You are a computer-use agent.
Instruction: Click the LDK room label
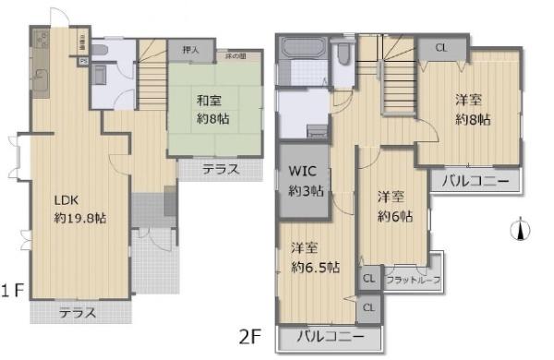(65, 199)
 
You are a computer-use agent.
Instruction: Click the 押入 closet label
(192, 51)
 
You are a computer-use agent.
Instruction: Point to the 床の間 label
(237, 58)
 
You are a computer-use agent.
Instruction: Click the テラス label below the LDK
(78, 313)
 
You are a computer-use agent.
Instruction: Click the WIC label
(304, 172)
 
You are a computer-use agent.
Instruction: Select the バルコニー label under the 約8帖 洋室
(475, 180)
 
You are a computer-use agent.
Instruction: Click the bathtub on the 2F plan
(301, 53)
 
